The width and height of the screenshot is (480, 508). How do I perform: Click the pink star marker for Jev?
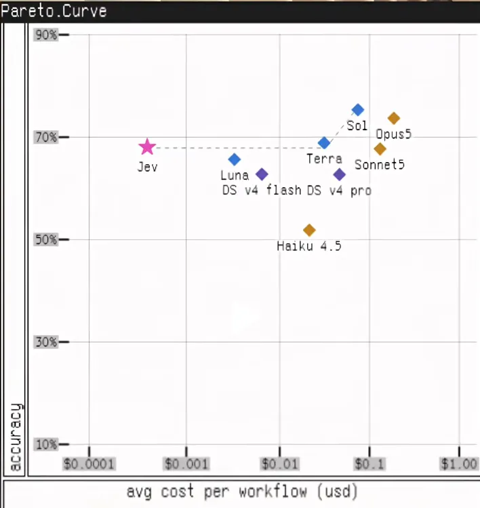pos(147,146)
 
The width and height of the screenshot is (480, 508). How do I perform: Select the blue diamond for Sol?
pos(358,110)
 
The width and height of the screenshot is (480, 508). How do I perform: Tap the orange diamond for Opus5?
pos(394,118)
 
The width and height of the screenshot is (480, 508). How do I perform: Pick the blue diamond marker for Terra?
pos(324,142)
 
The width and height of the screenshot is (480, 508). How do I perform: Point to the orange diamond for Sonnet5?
pos(380,149)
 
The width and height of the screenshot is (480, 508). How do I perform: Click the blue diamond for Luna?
pos(235,159)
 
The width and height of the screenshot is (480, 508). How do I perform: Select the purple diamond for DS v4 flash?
pos(262,174)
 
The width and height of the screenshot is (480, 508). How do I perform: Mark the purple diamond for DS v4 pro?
pos(340,174)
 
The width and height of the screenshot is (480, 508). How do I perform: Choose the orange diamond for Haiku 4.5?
pos(309,231)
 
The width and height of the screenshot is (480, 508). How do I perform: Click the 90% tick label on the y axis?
pos(46,35)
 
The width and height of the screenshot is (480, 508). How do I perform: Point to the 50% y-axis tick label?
pos(46,239)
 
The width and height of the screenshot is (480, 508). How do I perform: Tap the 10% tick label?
pos(46,444)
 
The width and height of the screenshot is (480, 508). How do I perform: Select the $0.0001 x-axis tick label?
pos(89,464)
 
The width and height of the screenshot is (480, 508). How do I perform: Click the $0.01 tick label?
pos(280,464)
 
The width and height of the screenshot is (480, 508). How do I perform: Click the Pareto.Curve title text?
pos(54,11)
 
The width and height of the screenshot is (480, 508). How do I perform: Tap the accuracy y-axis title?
pos(15,436)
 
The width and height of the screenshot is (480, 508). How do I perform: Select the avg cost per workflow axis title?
pos(242,492)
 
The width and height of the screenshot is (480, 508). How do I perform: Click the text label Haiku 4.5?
pos(309,246)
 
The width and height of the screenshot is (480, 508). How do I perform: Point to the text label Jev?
pos(148,167)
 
